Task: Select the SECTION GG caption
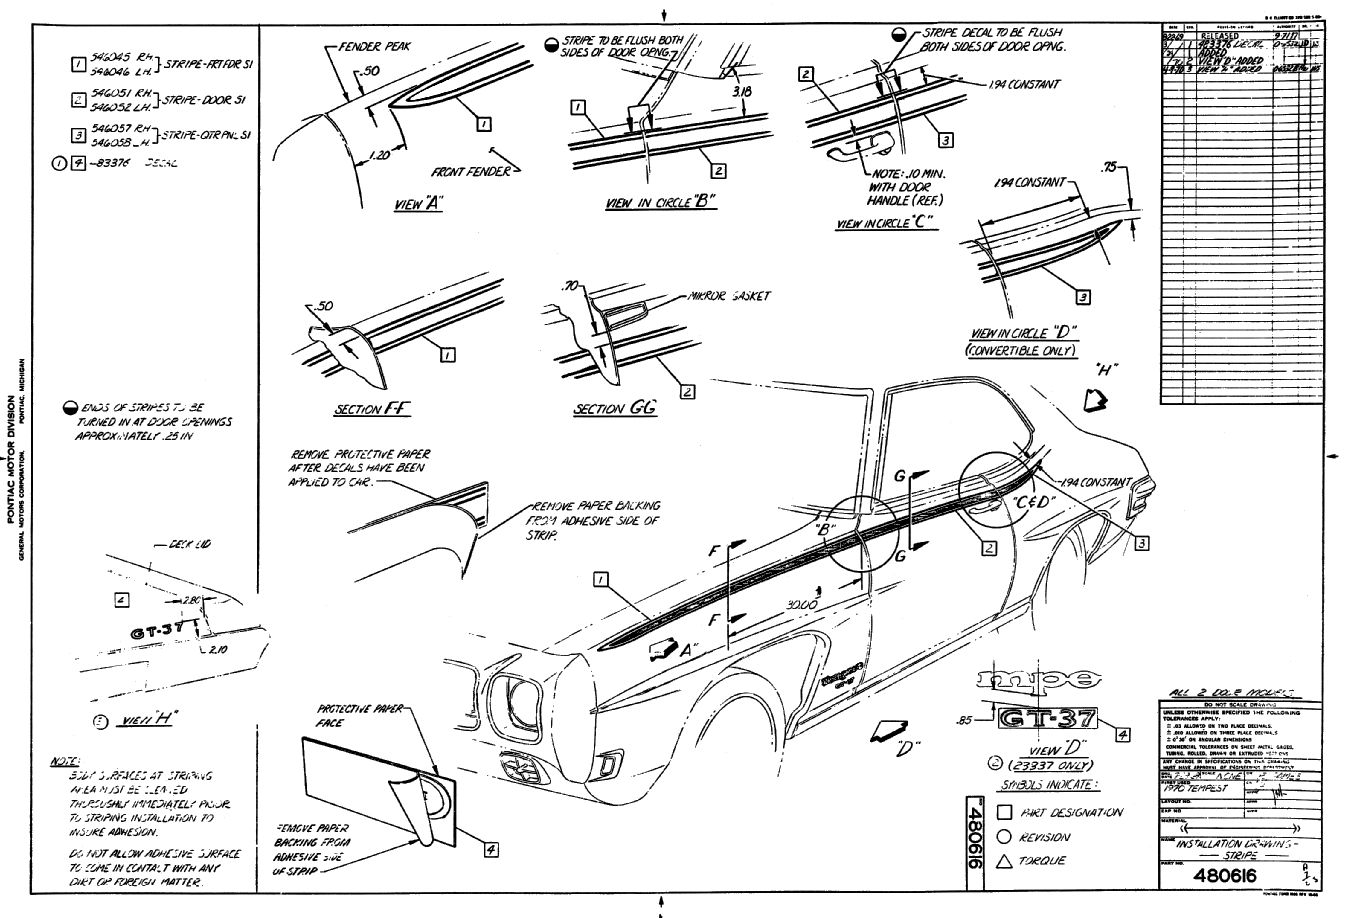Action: [x=615, y=408]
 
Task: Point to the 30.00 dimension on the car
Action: [x=801, y=605]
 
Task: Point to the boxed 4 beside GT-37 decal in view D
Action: [x=1122, y=734]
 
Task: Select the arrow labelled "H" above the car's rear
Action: [x=1094, y=400]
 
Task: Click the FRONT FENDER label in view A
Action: [x=471, y=172]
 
